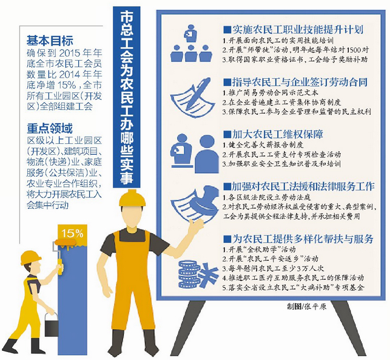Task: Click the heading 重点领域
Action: [x=50, y=129]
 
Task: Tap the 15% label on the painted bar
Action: [x=72, y=234]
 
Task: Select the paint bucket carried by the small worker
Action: [x=51, y=324]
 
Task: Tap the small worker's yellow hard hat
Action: [x=30, y=257]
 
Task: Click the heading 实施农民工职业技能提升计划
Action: [x=294, y=30]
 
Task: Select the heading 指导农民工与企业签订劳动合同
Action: [x=295, y=82]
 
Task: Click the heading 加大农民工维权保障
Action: [x=273, y=134]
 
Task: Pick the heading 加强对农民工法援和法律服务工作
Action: [x=299, y=186]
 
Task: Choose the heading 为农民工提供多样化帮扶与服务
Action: [x=298, y=239]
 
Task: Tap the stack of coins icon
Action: [x=189, y=274]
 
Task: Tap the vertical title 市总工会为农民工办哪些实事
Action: [x=127, y=97]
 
